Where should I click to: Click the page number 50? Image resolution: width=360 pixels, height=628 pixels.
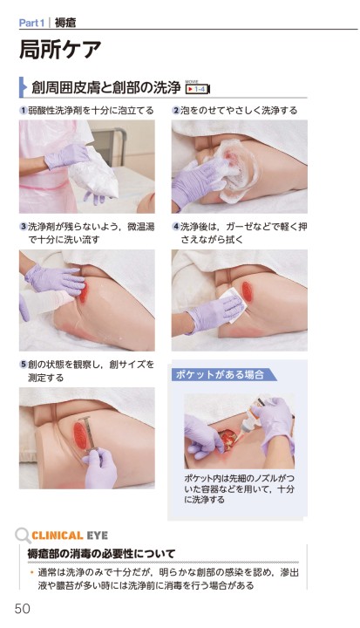pos(23,609)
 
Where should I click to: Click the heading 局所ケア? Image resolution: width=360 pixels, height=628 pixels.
pos(60,49)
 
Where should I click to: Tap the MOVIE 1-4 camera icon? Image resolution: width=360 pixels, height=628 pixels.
pos(198,88)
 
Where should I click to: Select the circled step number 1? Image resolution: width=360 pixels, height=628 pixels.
pos(24,111)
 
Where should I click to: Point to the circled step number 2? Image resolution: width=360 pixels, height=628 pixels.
pos(176,111)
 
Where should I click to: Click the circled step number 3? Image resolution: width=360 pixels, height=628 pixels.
pos(24,227)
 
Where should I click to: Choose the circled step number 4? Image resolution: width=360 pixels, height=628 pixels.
pos(176,227)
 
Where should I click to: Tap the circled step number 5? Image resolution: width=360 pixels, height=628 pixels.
pos(24,365)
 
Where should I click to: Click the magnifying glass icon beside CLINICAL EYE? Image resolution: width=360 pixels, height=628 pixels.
pos(23,536)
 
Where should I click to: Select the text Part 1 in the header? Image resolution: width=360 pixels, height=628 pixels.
pos(31,23)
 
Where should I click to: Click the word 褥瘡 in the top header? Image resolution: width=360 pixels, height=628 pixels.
pos(65,23)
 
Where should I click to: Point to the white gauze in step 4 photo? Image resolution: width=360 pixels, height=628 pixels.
pos(232,305)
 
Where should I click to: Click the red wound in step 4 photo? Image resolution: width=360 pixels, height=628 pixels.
pos(247,291)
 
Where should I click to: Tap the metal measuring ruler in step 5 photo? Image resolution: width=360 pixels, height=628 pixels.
pos(89,433)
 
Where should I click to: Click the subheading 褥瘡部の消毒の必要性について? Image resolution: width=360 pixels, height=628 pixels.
pos(101,555)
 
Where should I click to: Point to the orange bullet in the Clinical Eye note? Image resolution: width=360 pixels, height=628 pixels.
pos(31,572)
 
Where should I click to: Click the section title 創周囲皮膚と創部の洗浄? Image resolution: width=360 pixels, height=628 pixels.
pos(106,88)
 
